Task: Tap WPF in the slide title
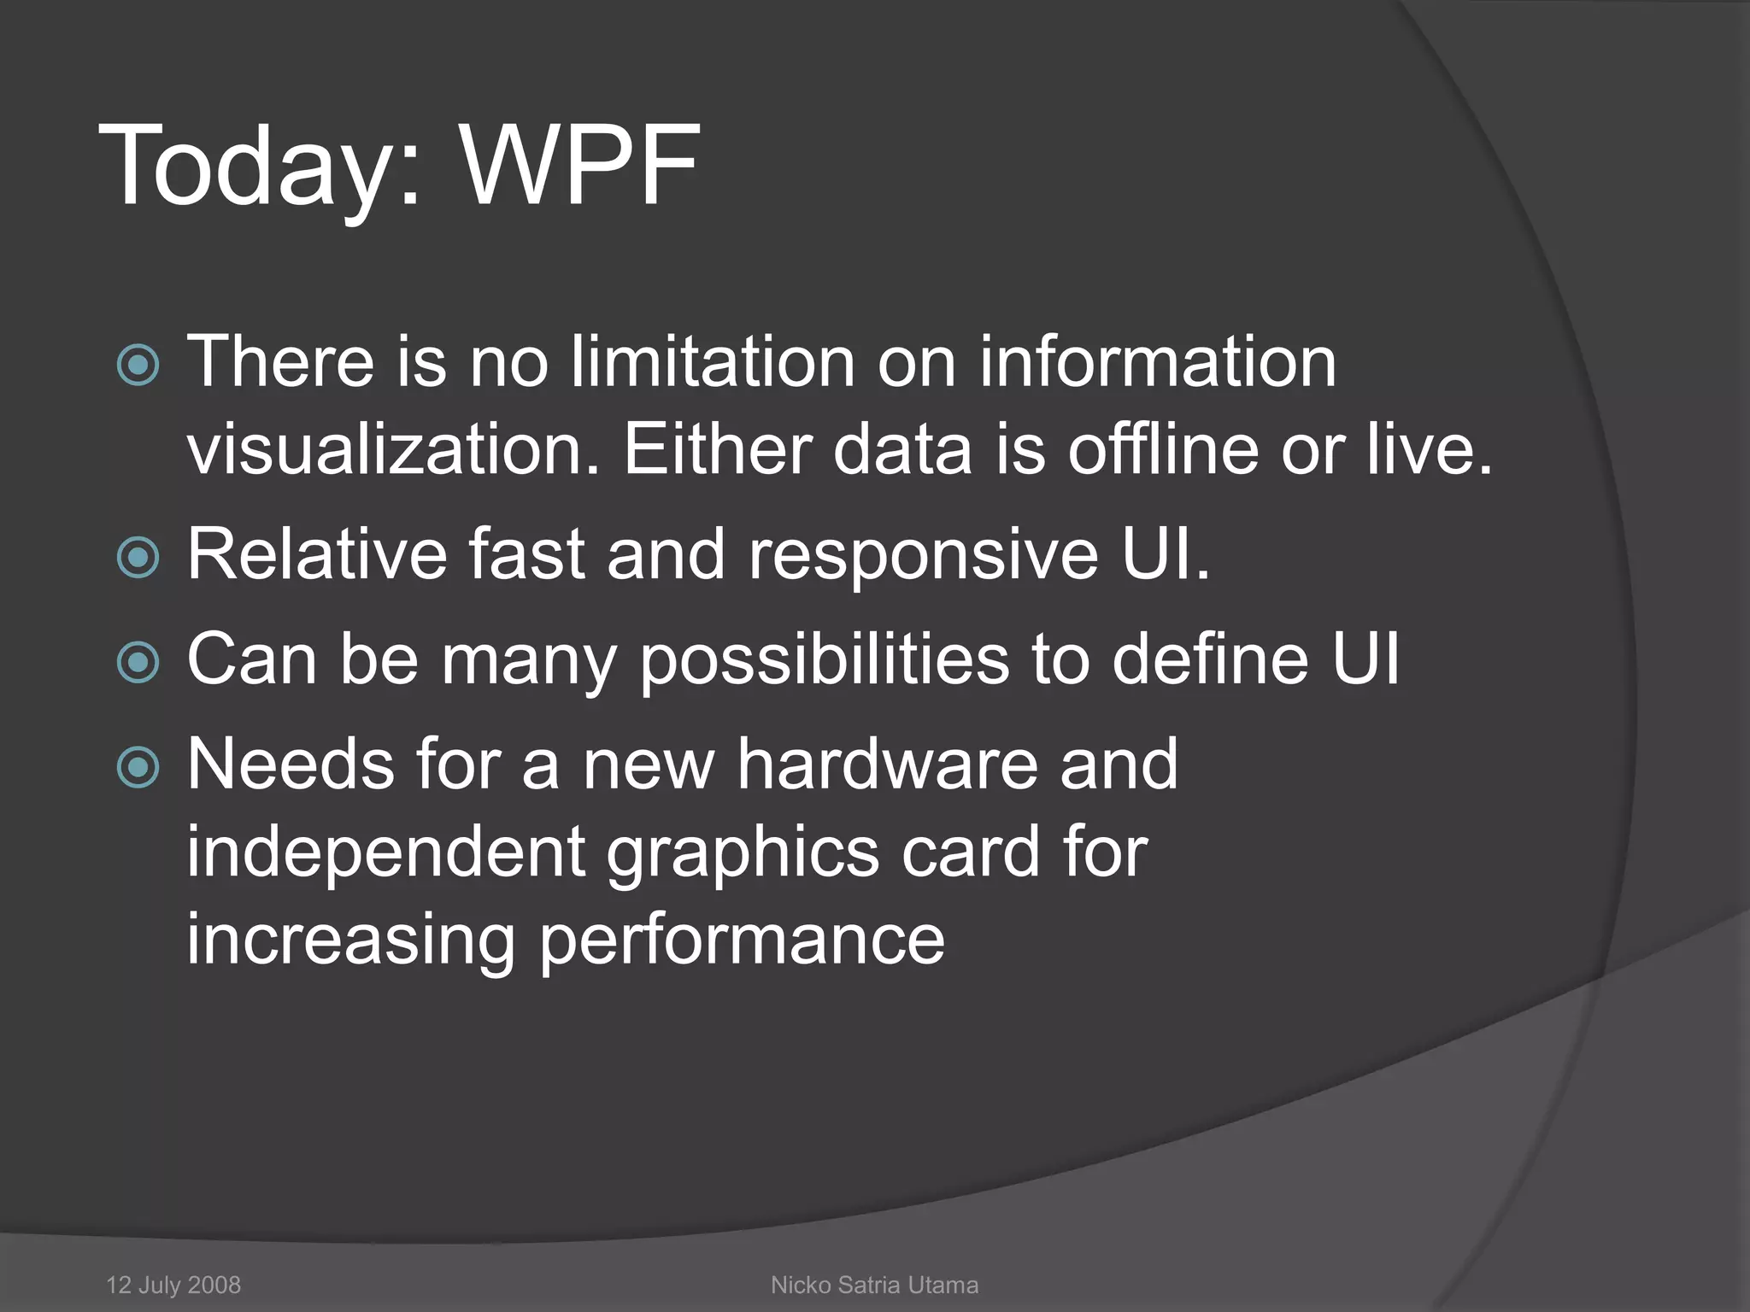(x=580, y=166)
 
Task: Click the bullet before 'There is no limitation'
(x=138, y=366)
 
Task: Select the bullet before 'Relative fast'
(x=138, y=558)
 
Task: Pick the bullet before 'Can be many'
(x=138, y=663)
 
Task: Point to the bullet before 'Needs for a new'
(x=138, y=767)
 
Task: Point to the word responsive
(x=923, y=555)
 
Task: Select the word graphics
(x=743, y=852)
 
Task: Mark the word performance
(x=742, y=940)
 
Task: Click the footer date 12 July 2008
(x=173, y=1285)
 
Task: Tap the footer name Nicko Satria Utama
(x=874, y=1285)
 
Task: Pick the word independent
(x=385, y=852)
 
